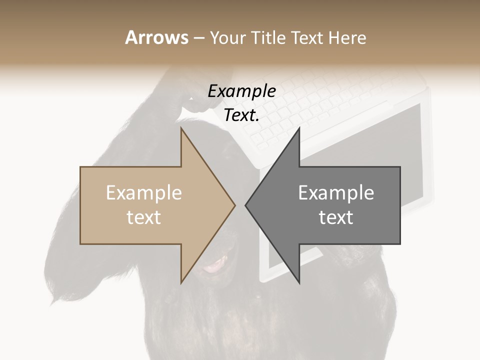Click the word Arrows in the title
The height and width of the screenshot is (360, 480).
click(156, 37)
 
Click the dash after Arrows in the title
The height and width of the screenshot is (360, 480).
click(198, 38)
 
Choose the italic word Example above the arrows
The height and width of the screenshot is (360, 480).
click(241, 91)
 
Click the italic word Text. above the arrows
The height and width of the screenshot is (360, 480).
click(241, 115)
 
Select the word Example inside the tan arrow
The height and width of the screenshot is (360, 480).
click(144, 192)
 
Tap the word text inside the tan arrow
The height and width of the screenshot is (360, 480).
click(144, 217)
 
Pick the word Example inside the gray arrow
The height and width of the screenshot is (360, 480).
click(336, 192)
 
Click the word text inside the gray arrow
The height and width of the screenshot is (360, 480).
click(336, 217)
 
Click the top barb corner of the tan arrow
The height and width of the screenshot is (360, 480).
click(181, 128)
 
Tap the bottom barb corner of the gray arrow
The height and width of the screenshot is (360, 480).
click(299, 282)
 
